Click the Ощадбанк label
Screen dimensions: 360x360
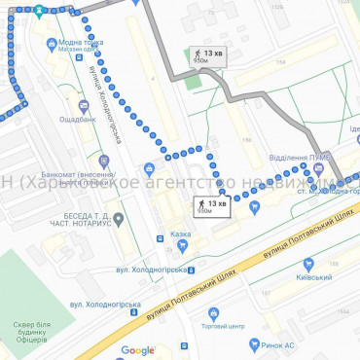pyautogui.click(x=76, y=119)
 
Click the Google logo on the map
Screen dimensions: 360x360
pyautogui.click(x=137, y=350)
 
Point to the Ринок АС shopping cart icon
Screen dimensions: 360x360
pyautogui.click(x=254, y=343)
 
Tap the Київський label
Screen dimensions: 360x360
pyautogui.click(x=314, y=277)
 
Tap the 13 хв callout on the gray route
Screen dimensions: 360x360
pyautogui.click(x=207, y=55)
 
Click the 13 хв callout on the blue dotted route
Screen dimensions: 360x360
pyautogui.click(x=213, y=205)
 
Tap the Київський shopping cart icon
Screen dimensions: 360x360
pyautogui.click(x=308, y=264)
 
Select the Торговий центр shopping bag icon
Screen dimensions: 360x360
pyautogui.click(x=213, y=313)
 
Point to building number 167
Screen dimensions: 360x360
pyautogui.click(x=265, y=291)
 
